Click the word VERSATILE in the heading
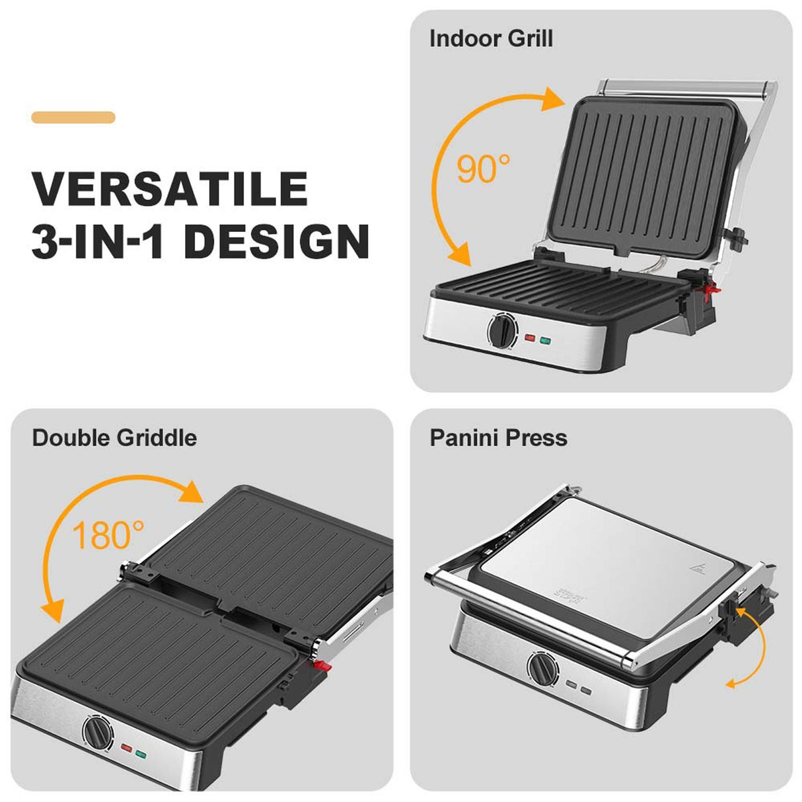(170, 189)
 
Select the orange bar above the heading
(73, 118)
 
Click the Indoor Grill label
(491, 38)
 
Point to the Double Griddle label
(114, 438)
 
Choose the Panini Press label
(498, 438)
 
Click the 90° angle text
(484, 169)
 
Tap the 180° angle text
(108, 536)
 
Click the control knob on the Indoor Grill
(501, 330)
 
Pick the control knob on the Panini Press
(542, 669)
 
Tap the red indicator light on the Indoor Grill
(530, 338)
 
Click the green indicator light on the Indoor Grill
(546, 341)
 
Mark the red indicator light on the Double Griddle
(126, 748)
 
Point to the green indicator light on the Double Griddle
(141, 753)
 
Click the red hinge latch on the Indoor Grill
(712, 289)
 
